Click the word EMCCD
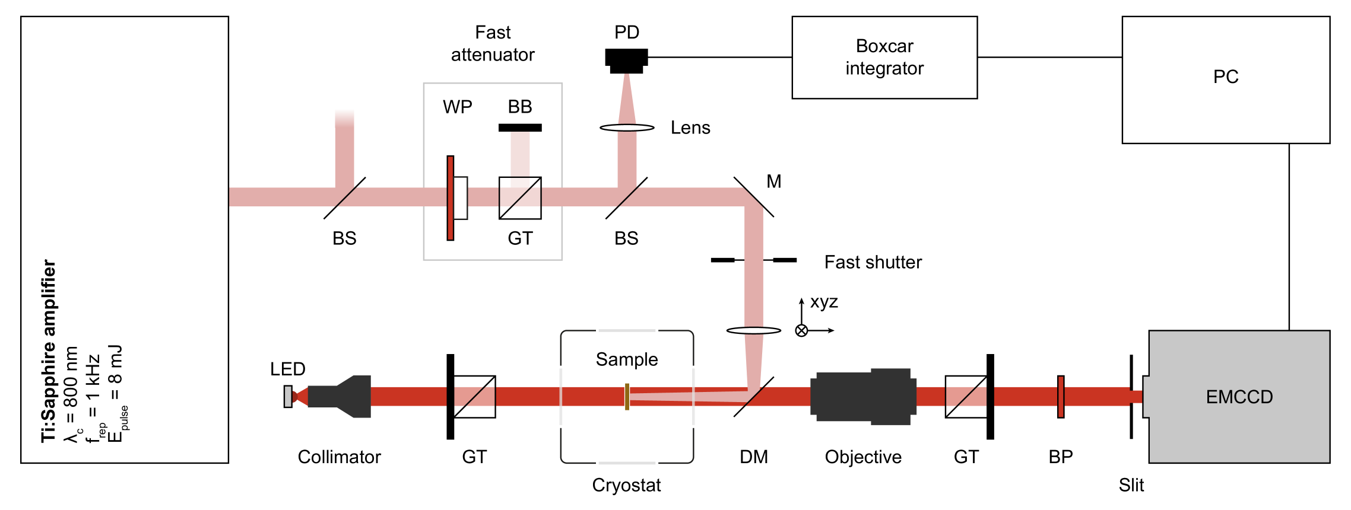point(1239,397)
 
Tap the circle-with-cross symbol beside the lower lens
point(801,330)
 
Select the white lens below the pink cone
point(627,128)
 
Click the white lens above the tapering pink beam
point(753,330)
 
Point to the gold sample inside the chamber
point(627,397)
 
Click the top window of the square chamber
point(627,330)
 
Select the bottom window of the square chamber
point(627,463)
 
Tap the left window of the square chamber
point(560,397)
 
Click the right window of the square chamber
point(693,397)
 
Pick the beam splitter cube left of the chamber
point(474,397)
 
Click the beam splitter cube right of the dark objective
point(966,397)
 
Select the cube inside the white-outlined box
point(520,198)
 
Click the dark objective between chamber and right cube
point(863,397)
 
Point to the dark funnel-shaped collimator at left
point(344,397)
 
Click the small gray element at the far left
point(288,397)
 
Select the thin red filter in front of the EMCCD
point(1061,397)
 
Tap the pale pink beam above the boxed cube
point(520,154)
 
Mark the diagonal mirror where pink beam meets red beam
point(754,397)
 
